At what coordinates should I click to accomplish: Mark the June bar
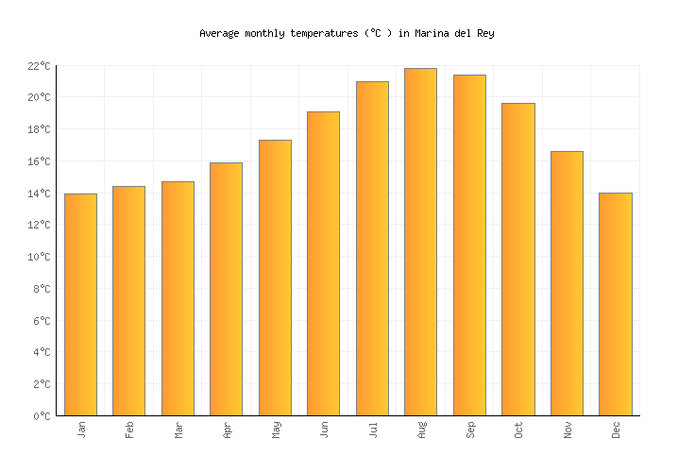pos(323,263)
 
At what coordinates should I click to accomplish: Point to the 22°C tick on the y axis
pos(39,66)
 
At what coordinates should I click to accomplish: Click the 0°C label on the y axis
pos(42,416)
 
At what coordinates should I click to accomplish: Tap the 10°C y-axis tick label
pos(39,257)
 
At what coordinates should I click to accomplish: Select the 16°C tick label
pos(39,161)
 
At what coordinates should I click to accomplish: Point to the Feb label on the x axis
pos(129,430)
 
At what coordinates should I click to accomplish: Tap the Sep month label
pos(470,430)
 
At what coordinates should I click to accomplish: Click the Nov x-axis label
pos(568,430)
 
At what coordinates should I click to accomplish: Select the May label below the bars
pos(276,430)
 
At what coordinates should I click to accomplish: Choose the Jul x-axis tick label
pos(373,430)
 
